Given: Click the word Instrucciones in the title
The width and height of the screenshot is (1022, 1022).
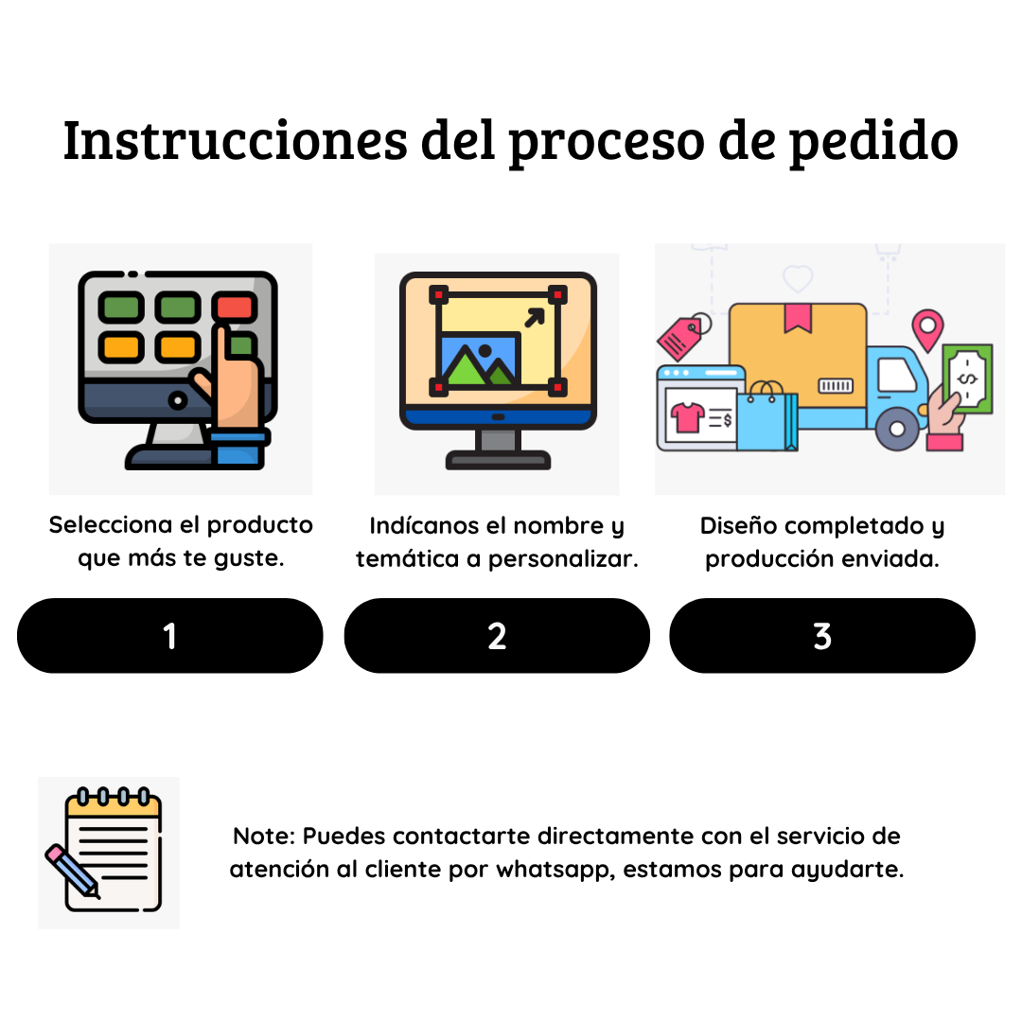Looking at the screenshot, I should tap(235, 140).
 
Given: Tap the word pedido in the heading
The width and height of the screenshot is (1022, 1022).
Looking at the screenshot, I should tap(873, 140).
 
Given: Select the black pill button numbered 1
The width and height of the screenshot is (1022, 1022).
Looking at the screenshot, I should tap(170, 636).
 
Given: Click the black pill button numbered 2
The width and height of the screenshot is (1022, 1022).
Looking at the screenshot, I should tap(497, 636).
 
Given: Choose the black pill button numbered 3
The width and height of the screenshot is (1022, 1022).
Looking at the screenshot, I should tap(822, 636).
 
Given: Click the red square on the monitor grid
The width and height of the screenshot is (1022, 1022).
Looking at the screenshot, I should tap(233, 307).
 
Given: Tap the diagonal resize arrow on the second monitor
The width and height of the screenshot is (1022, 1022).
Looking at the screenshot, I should tap(535, 317).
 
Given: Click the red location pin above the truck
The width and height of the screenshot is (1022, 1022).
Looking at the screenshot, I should tap(927, 326).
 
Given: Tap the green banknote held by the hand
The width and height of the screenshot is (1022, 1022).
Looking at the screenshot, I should tap(967, 379).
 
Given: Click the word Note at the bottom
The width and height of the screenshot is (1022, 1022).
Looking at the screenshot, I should tap(263, 837).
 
